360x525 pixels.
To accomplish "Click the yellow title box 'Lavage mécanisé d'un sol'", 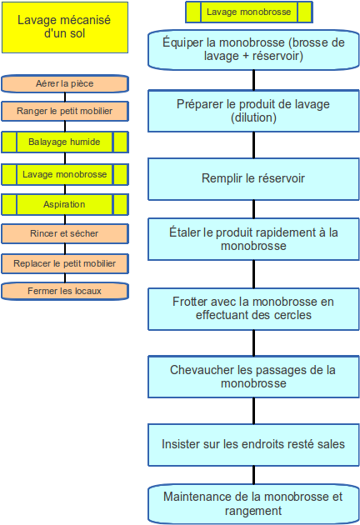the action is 65,27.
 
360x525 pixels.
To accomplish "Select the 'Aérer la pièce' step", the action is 65,83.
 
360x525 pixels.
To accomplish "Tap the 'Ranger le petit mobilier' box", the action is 65,111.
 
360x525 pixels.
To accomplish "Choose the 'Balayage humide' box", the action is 65,142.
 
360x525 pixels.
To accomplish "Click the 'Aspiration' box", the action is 65,204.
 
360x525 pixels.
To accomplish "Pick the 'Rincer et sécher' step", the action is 65,233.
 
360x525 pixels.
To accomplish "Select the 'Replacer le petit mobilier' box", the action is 65,264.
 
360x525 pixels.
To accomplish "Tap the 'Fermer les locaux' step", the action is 65,291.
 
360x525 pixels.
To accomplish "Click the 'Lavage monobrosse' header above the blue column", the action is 249,12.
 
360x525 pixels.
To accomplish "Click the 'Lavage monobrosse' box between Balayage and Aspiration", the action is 65,174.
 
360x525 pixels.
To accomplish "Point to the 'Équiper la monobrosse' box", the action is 253,49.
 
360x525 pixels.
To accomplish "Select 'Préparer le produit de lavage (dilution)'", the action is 253,111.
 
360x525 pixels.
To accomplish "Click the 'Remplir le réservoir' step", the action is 253,179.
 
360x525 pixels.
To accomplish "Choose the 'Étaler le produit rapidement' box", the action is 253,239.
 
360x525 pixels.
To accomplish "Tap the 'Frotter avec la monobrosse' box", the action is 253,309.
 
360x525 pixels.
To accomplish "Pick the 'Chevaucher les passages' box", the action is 253,377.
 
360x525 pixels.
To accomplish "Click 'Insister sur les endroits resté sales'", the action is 253,445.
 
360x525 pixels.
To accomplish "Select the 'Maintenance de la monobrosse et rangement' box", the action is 253,504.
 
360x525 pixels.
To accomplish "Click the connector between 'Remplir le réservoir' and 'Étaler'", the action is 253,209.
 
